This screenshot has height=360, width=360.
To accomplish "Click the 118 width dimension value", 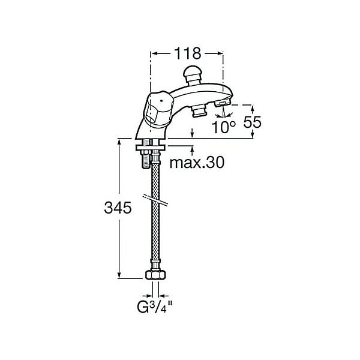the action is tap(188, 53).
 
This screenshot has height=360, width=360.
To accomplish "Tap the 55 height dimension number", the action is tap(253, 122).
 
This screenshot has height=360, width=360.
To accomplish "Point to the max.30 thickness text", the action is tap(197, 163).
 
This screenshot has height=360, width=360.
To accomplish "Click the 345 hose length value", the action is tap(118, 208).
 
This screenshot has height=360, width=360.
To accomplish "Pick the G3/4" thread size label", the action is tap(154, 307).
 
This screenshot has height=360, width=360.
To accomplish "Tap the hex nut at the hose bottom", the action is tap(155, 275).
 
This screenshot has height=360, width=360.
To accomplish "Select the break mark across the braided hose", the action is tap(155, 199).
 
